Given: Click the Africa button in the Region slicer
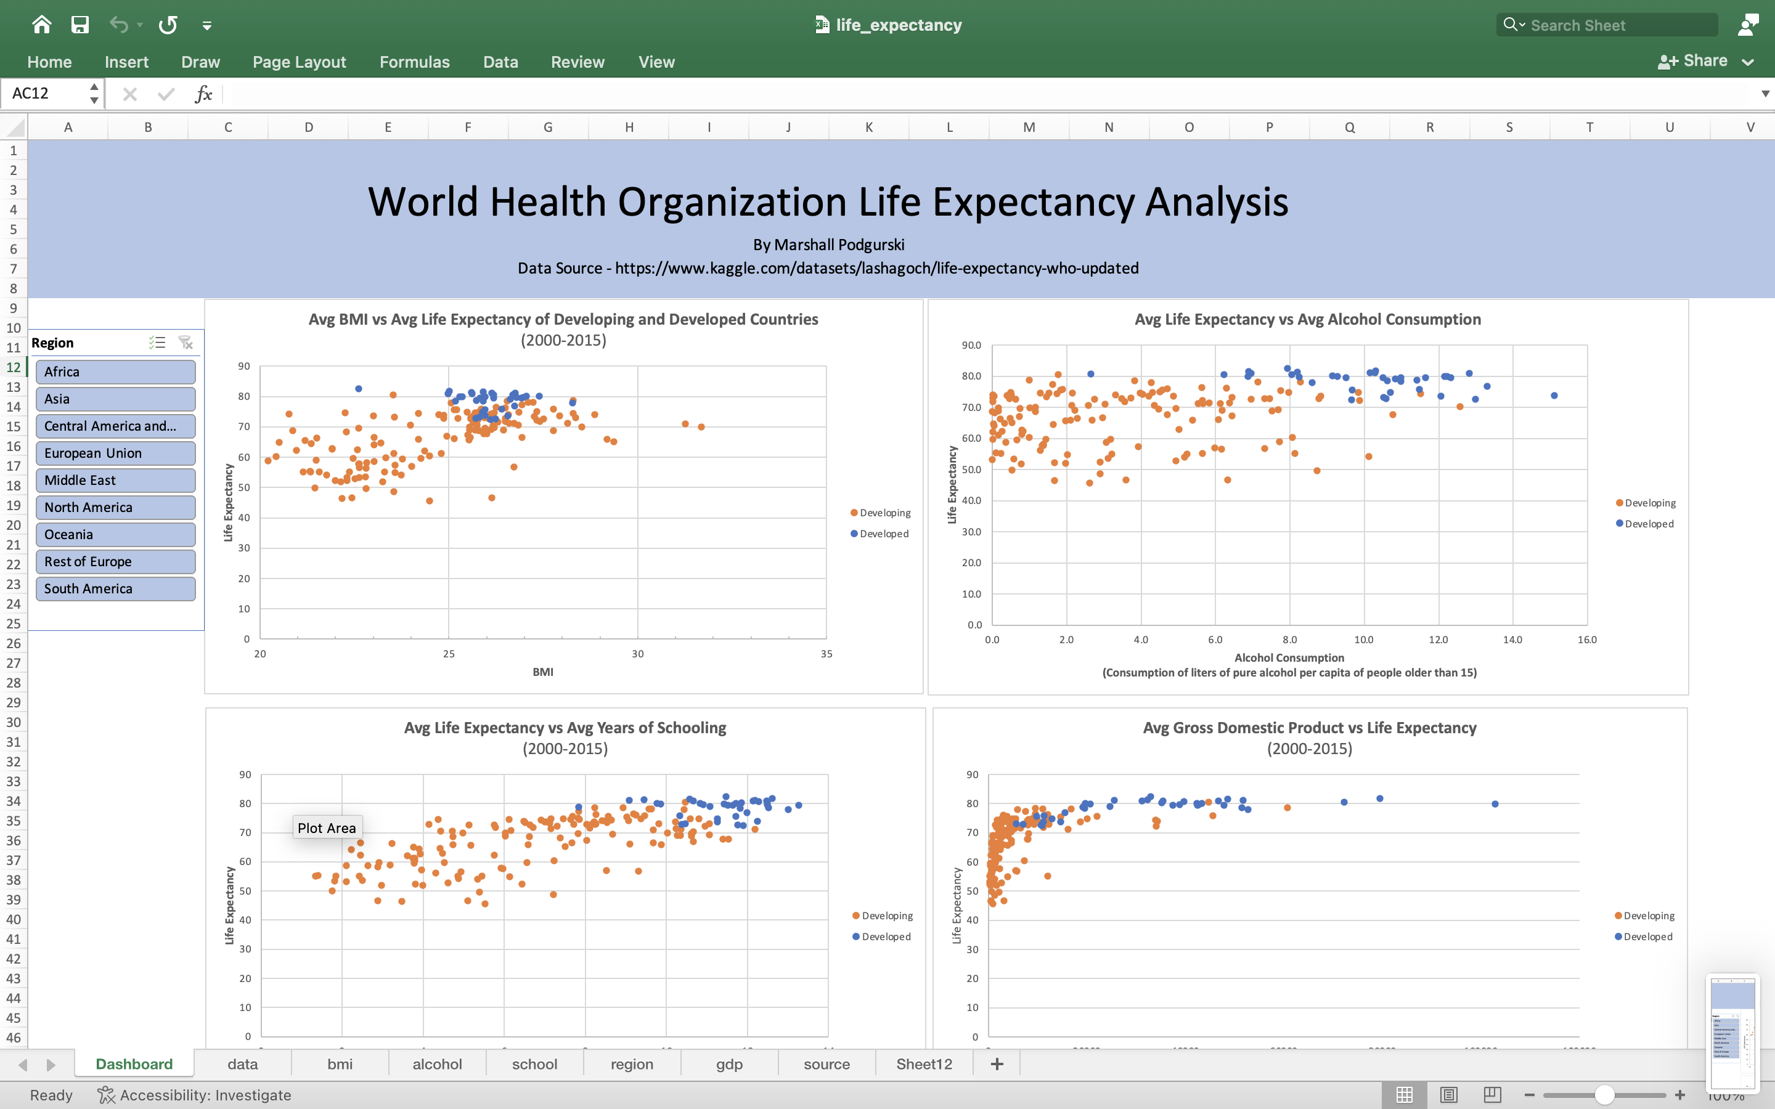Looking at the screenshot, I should click(x=115, y=372).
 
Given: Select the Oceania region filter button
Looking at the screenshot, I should click(x=115, y=535).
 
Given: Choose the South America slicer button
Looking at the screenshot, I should click(x=115, y=589).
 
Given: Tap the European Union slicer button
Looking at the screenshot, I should click(x=115, y=453).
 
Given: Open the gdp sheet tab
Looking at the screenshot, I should click(x=729, y=1064).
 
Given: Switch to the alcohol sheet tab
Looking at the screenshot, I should click(x=437, y=1064).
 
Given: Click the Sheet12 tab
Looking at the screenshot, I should click(x=923, y=1064).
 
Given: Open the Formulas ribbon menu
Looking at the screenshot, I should click(x=414, y=62).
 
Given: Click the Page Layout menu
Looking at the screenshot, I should click(x=300, y=62).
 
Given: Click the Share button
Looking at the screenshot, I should click(x=1694, y=62).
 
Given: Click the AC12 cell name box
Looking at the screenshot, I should click(x=44, y=94).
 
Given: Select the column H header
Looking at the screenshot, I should click(x=629, y=128).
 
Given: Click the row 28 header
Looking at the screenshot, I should click(x=13, y=683).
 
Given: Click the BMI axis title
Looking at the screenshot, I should click(x=543, y=672).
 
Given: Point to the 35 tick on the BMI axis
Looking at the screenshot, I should click(x=826, y=654).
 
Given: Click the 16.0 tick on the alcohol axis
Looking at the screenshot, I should click(x=1586, y=640).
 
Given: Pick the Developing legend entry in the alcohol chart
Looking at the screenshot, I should click(x=1649, y=503).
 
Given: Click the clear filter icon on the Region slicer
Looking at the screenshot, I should click(x=186, y=343).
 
